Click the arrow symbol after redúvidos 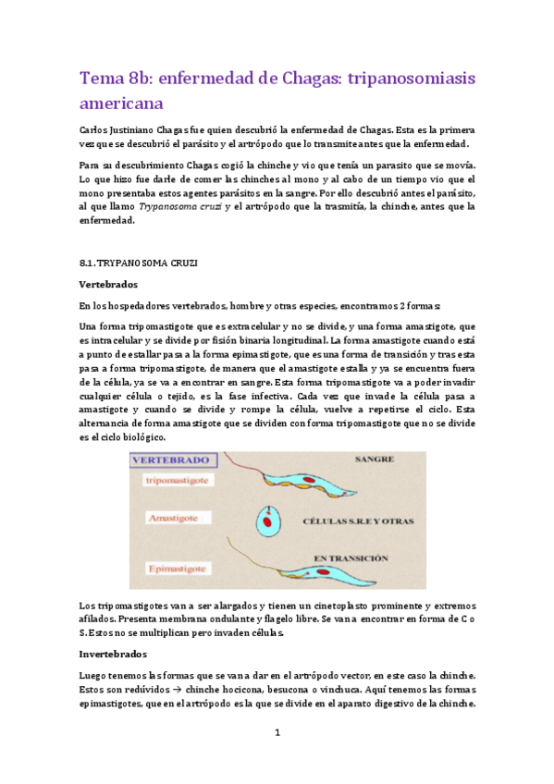(x=174, y=690)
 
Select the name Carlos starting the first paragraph (x=97, y=129)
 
